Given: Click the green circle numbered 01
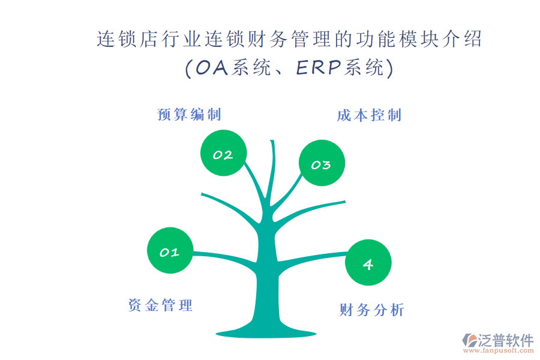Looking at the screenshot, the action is [170, 250].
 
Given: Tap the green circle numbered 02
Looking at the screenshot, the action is [224, 153].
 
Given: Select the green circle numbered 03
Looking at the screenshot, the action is [322, 163].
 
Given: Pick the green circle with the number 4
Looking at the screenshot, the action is [368, 263].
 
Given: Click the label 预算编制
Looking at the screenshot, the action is [189, 115].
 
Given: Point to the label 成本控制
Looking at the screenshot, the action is [369, 115].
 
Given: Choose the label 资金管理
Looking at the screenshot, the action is [160, 305].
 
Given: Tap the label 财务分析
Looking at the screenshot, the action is [371, 310].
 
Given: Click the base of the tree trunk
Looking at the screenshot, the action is [266, 333].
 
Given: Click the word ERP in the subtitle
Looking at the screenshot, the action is [319, 67].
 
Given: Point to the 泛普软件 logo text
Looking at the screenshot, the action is [506, 340].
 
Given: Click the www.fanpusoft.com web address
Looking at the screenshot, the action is [499, 350].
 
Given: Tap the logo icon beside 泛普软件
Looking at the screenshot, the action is [470, 340].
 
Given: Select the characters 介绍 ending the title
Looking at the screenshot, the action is [462, 38].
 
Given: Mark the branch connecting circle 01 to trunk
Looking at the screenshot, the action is [224, 257].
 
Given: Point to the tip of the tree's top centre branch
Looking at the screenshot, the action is [272, 140].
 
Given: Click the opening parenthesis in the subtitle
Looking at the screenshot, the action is [188, 68].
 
